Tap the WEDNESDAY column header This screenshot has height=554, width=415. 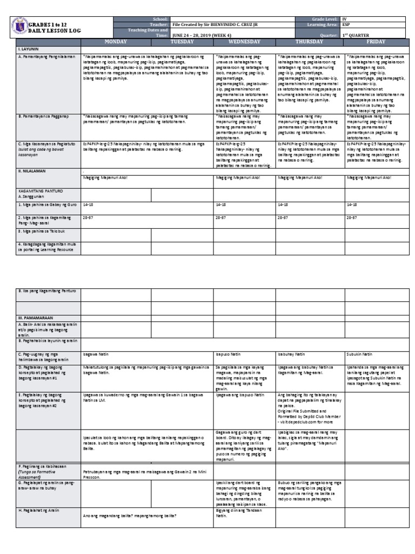pos(244,41)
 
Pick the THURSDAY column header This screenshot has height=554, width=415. pos(310,41)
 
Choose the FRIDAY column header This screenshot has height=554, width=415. pos(376,41)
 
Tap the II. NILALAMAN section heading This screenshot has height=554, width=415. pos(33,170)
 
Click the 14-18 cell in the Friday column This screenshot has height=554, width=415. pos(352,205)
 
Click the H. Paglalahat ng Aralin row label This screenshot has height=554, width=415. pos(41,510)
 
